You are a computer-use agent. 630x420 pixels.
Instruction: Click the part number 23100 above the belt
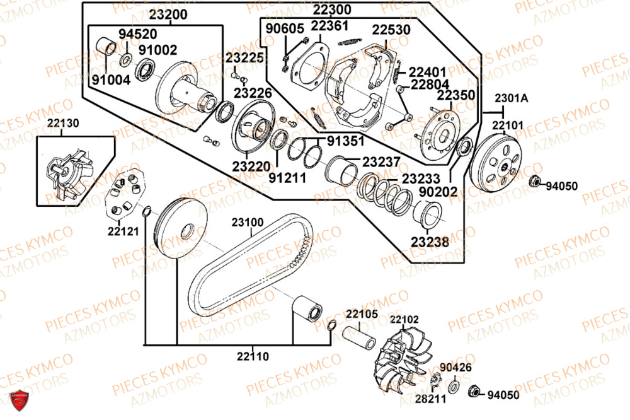point(248,223)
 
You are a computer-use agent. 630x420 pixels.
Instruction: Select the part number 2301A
point(511,98)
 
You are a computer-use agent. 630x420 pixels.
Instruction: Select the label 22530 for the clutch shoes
point(391,30)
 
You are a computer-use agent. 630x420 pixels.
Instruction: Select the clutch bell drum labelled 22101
point(498,161)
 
